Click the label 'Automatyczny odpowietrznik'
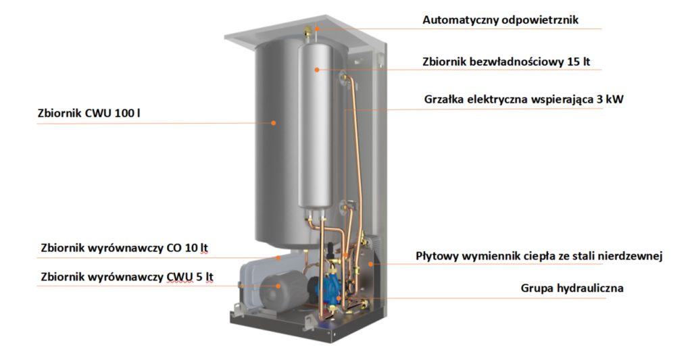500,20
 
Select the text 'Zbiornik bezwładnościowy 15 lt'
505,61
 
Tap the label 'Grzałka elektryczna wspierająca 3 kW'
524,99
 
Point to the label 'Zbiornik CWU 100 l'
89,113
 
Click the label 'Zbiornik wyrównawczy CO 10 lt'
124,248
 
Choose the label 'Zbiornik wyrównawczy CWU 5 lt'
126,277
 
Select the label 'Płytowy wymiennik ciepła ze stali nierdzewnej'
539,257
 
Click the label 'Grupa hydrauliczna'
572,288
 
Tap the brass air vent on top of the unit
307,32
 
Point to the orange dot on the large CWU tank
273,123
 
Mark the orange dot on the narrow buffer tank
316,70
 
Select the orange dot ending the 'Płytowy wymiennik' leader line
371,264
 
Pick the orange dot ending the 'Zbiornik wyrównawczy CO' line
278,257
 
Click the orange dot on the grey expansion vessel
278,286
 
